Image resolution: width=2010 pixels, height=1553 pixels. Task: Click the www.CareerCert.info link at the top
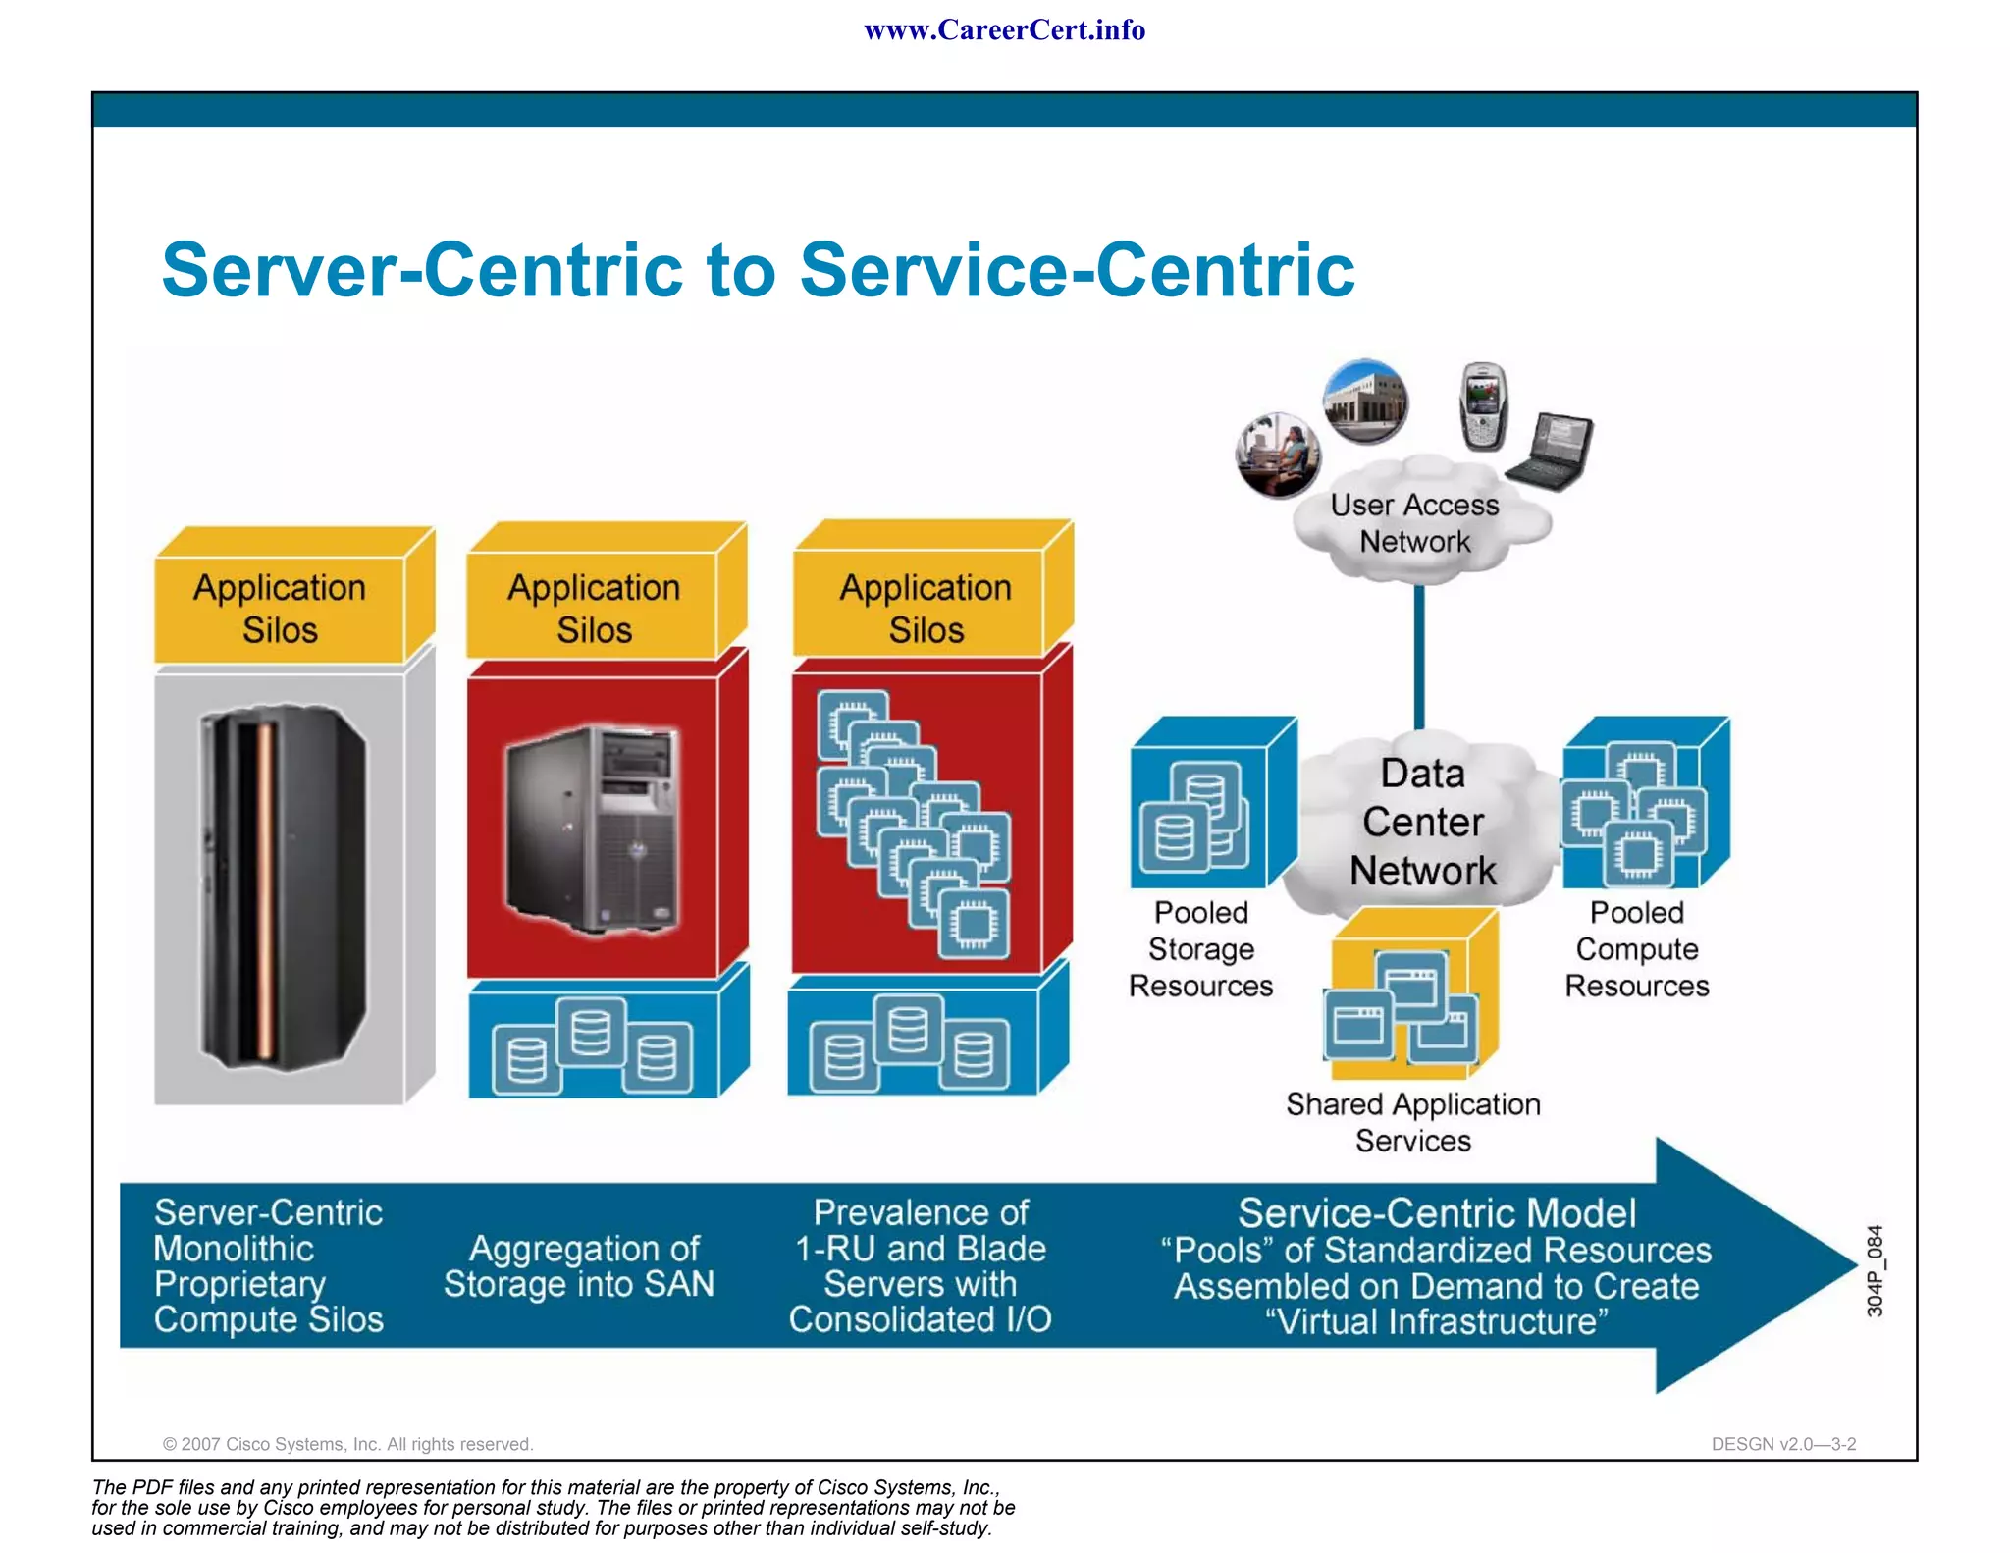(x=1004, y=30)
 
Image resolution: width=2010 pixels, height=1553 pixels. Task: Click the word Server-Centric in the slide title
(x=422, y=270)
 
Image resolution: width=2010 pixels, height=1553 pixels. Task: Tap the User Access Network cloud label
(x=1414, y=523)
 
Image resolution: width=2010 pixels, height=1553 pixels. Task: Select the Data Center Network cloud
(x=1422, y=823)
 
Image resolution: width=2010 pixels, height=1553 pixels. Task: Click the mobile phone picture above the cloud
(x=1482, y=406)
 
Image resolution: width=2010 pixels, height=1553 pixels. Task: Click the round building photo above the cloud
(x=1365, y=402)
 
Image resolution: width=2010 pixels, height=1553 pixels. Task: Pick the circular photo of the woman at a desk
(x=1277, y=455)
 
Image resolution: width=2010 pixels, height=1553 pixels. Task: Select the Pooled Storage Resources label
(x=1200, y=949)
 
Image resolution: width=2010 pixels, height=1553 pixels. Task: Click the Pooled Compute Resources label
(x=1636, y=949)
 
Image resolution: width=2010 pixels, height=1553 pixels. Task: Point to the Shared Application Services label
(x=1413, y=1122)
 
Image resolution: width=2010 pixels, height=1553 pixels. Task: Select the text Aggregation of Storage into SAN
(x=579, y=1266)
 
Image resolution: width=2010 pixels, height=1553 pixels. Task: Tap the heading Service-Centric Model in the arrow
(x=1436, y=1213)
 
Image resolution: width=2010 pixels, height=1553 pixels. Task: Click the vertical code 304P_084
(x=1875, y=1270)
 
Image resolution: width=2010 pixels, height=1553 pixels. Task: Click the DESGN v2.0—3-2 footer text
(x=1783, y=1444)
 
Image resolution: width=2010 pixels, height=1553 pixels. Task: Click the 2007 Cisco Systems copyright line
(x=347, y=1444)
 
